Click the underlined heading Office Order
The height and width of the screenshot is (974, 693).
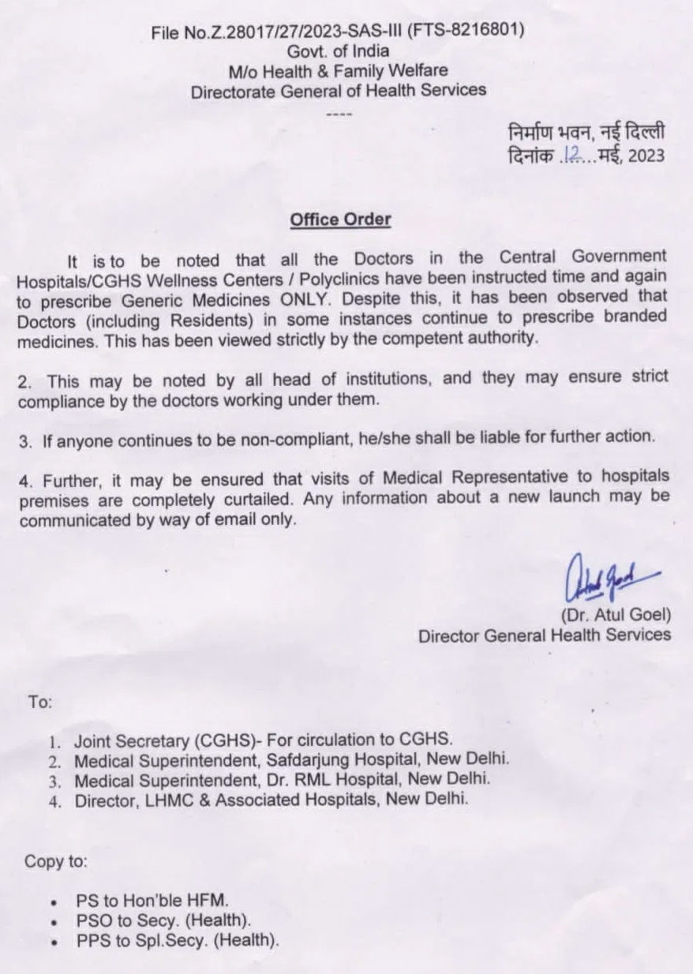[x=340, y=219]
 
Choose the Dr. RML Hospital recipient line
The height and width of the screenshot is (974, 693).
[x=283, y=779]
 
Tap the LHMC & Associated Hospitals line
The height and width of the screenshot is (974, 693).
[x=272, y=799]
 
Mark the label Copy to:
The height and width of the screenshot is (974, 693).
[x=55, y=860]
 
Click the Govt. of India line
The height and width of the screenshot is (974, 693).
[x=339, y=51]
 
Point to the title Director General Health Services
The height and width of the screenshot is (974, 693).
[x=545, y=635]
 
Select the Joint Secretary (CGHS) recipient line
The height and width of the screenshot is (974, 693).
[x=264, y=740]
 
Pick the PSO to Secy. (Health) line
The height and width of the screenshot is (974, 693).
[x=164, y=920]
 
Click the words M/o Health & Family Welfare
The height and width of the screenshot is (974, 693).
[x=339, y=70]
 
